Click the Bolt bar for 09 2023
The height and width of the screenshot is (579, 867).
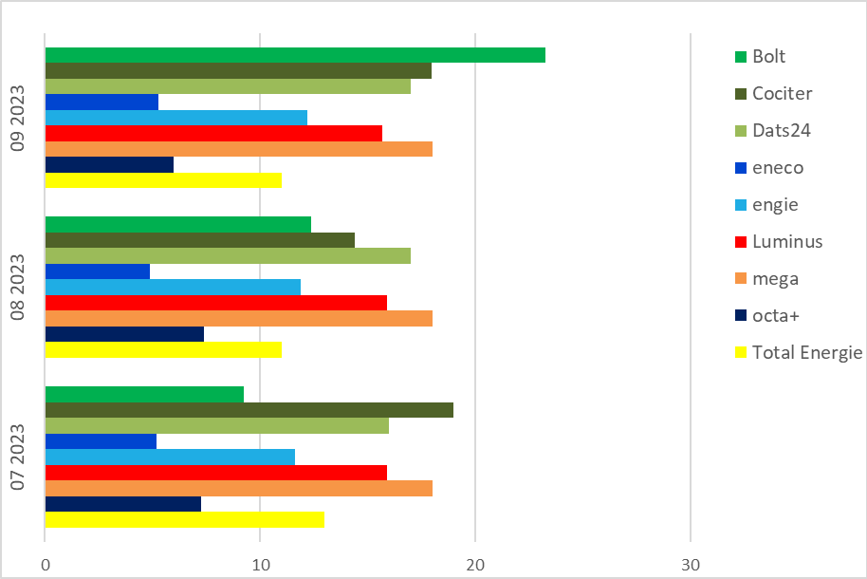pyautogui.click(x=295, y=55)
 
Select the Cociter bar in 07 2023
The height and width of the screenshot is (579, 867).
pyautogui.click(x=249, y=410)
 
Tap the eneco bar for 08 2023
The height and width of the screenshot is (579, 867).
pyautogui.click(x=98, y=271)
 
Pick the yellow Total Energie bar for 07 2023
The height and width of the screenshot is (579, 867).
pyautogui.click(x=184, y=519)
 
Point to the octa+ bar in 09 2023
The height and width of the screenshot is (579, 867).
pyautogui.click(x=109, y=164)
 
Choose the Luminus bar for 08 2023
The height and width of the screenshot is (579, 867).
pyautogui.click(x=215, y=303)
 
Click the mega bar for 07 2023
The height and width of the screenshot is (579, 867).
pyautogui.click(x=238, y=488)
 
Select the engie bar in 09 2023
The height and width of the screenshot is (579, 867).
pyautogui.click(x=175, y=118)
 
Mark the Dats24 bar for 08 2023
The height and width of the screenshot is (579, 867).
pyautogui.click(x=228, y=255)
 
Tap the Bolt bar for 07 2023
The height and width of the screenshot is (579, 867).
pyautogui.click(x=144, y=394)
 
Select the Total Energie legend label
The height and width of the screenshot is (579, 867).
pyautogui.click(x=806, y=353)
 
